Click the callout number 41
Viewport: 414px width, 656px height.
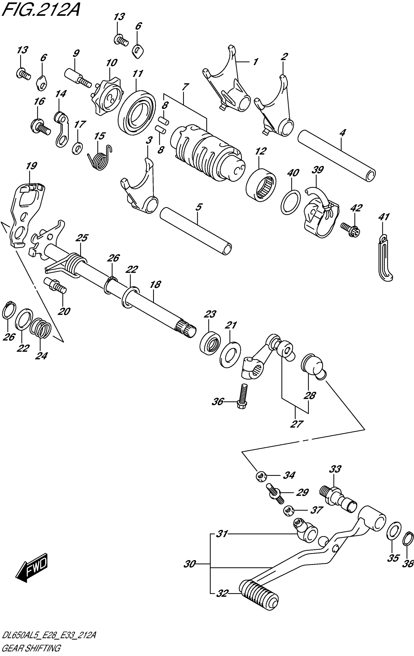coord(384,217)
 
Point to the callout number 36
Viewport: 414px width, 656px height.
coord(218,401)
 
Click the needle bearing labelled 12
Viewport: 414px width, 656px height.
coord(261,185)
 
